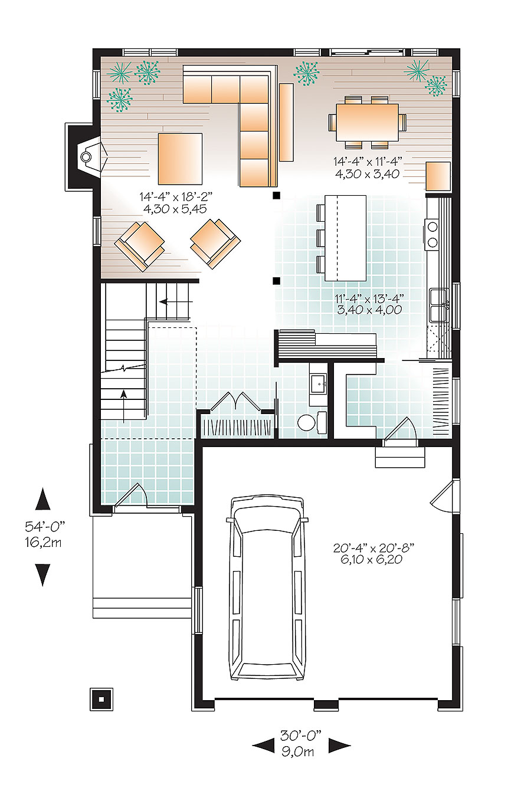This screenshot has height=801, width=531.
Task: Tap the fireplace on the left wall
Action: (86, 157)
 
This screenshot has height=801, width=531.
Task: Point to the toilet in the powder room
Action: (308, 422)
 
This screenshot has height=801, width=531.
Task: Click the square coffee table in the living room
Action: (180, 158)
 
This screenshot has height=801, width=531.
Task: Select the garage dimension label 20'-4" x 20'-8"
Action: (373, 553)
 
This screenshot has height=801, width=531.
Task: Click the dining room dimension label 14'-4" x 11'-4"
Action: (367, 167)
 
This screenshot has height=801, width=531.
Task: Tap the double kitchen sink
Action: (439, 304)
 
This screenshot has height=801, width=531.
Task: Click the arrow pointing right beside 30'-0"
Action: (339, 746)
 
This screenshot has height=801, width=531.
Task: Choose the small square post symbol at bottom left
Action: (101, 699)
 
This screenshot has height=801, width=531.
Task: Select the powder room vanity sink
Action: (319, 383)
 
